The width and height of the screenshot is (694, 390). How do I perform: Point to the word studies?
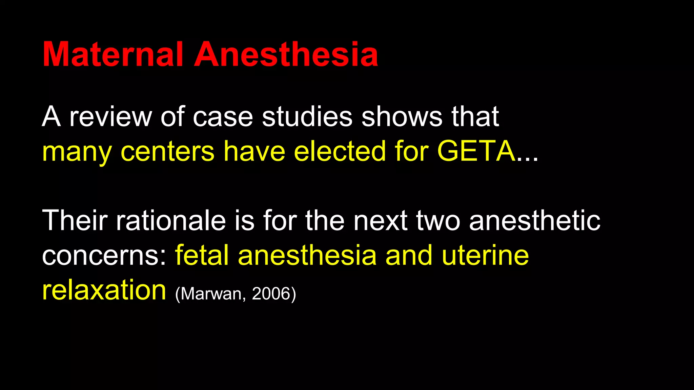[307, 117]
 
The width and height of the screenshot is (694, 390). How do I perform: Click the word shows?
[402, 117]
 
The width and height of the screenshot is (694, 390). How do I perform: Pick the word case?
[223, 117]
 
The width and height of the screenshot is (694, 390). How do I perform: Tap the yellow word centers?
[167, 151]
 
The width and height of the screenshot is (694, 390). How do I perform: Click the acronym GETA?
[476, 151]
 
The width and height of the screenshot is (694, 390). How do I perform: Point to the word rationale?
[171, 220]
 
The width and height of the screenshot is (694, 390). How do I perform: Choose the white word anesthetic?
[534, 220]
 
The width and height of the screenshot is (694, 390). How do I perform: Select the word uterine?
[485, 256]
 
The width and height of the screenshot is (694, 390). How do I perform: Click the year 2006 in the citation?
[271, 294]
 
